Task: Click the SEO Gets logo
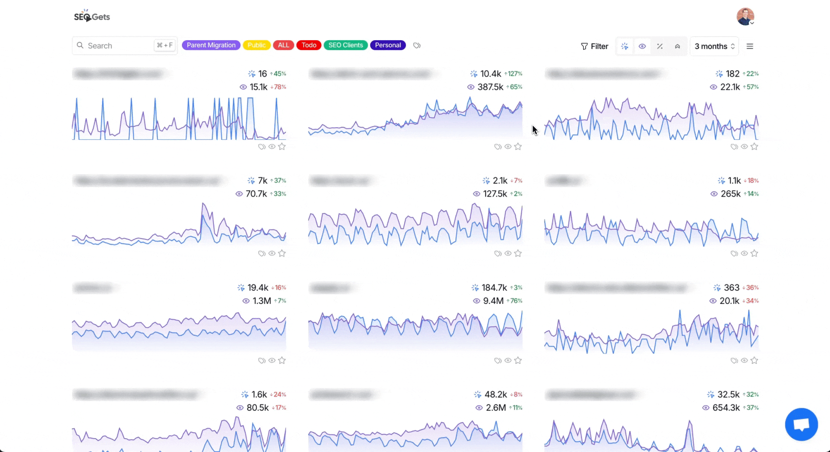click(92, 16)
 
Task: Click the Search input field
click(119, 46)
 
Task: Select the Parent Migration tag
click(211, 45)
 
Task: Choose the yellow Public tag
click(256, 45)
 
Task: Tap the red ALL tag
click(284, 45)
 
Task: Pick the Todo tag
click(309, 45)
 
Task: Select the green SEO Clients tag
click(346, 45)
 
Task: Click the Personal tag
click(388, 45)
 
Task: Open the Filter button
click(594, 46)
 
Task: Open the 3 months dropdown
click(714, 46)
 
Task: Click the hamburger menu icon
click(750, 46)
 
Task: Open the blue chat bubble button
click(801, 424)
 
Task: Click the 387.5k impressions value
click(490, 87)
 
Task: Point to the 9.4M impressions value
click(493, 301)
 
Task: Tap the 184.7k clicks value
click(494, 288)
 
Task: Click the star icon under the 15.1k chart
click(282, 146)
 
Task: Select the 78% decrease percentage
click(279, 87)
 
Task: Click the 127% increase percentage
click(514, 74)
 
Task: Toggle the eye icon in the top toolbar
click(642, 46)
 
